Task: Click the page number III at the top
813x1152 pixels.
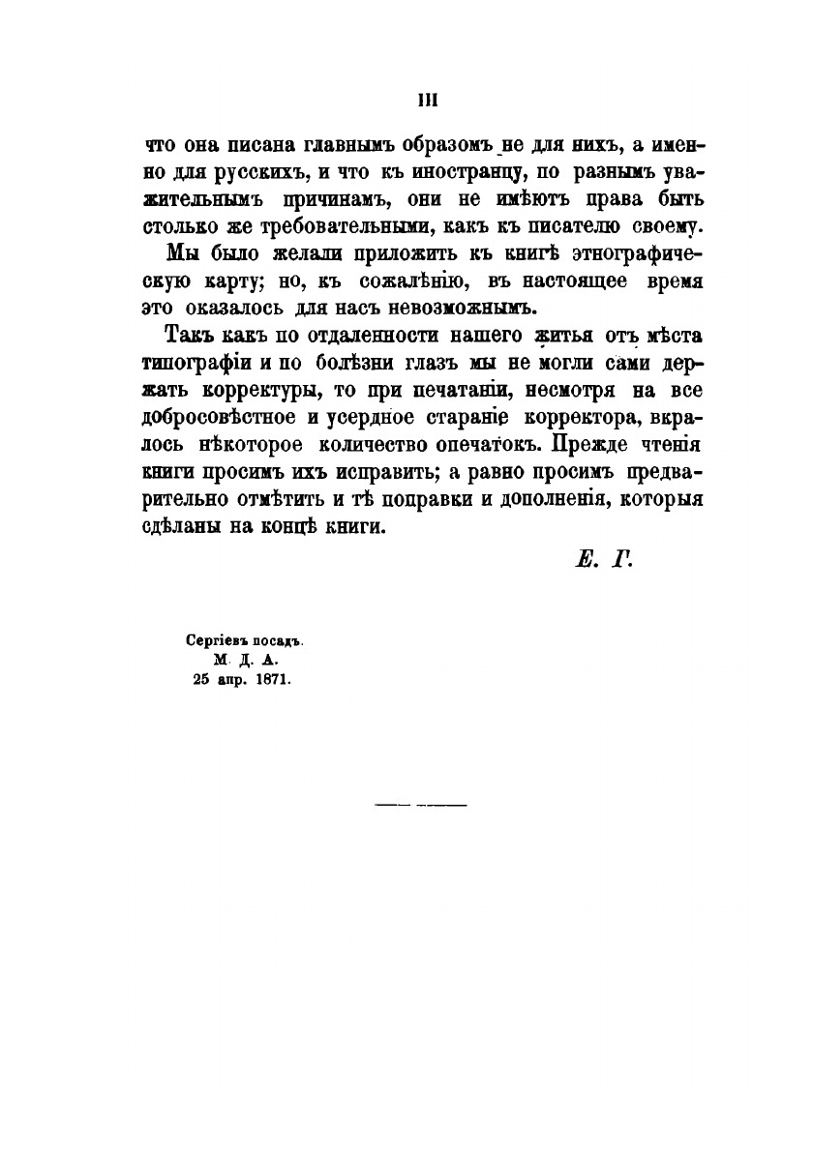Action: pos(428,99)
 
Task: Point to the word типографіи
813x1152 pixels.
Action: pos(199,365)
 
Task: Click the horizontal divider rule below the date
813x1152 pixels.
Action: pos(420,804)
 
